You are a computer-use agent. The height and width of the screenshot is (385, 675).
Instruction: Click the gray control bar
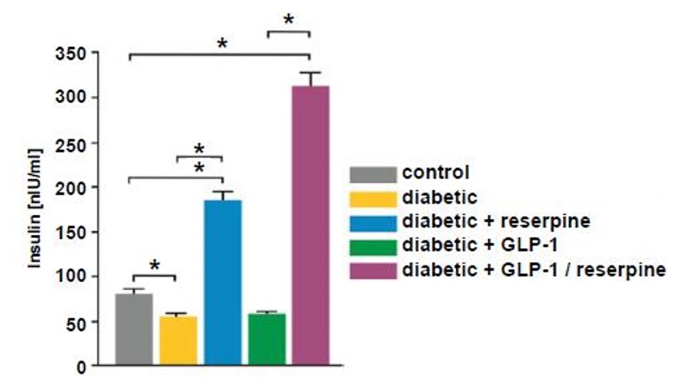(134, 329)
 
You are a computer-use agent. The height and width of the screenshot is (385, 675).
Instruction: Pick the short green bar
(267, 339)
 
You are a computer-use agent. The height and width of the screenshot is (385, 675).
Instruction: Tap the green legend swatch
(372, 244)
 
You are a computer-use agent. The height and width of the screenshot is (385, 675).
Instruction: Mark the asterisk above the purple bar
(288, 18)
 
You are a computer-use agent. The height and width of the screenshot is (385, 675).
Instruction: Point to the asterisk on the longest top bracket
(221, 44)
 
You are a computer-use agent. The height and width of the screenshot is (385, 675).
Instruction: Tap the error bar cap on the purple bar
(311, 73)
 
